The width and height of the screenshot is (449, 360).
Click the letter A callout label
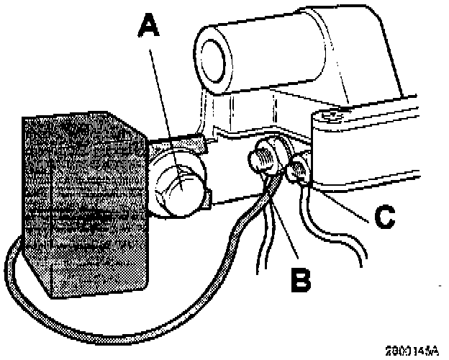149,30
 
